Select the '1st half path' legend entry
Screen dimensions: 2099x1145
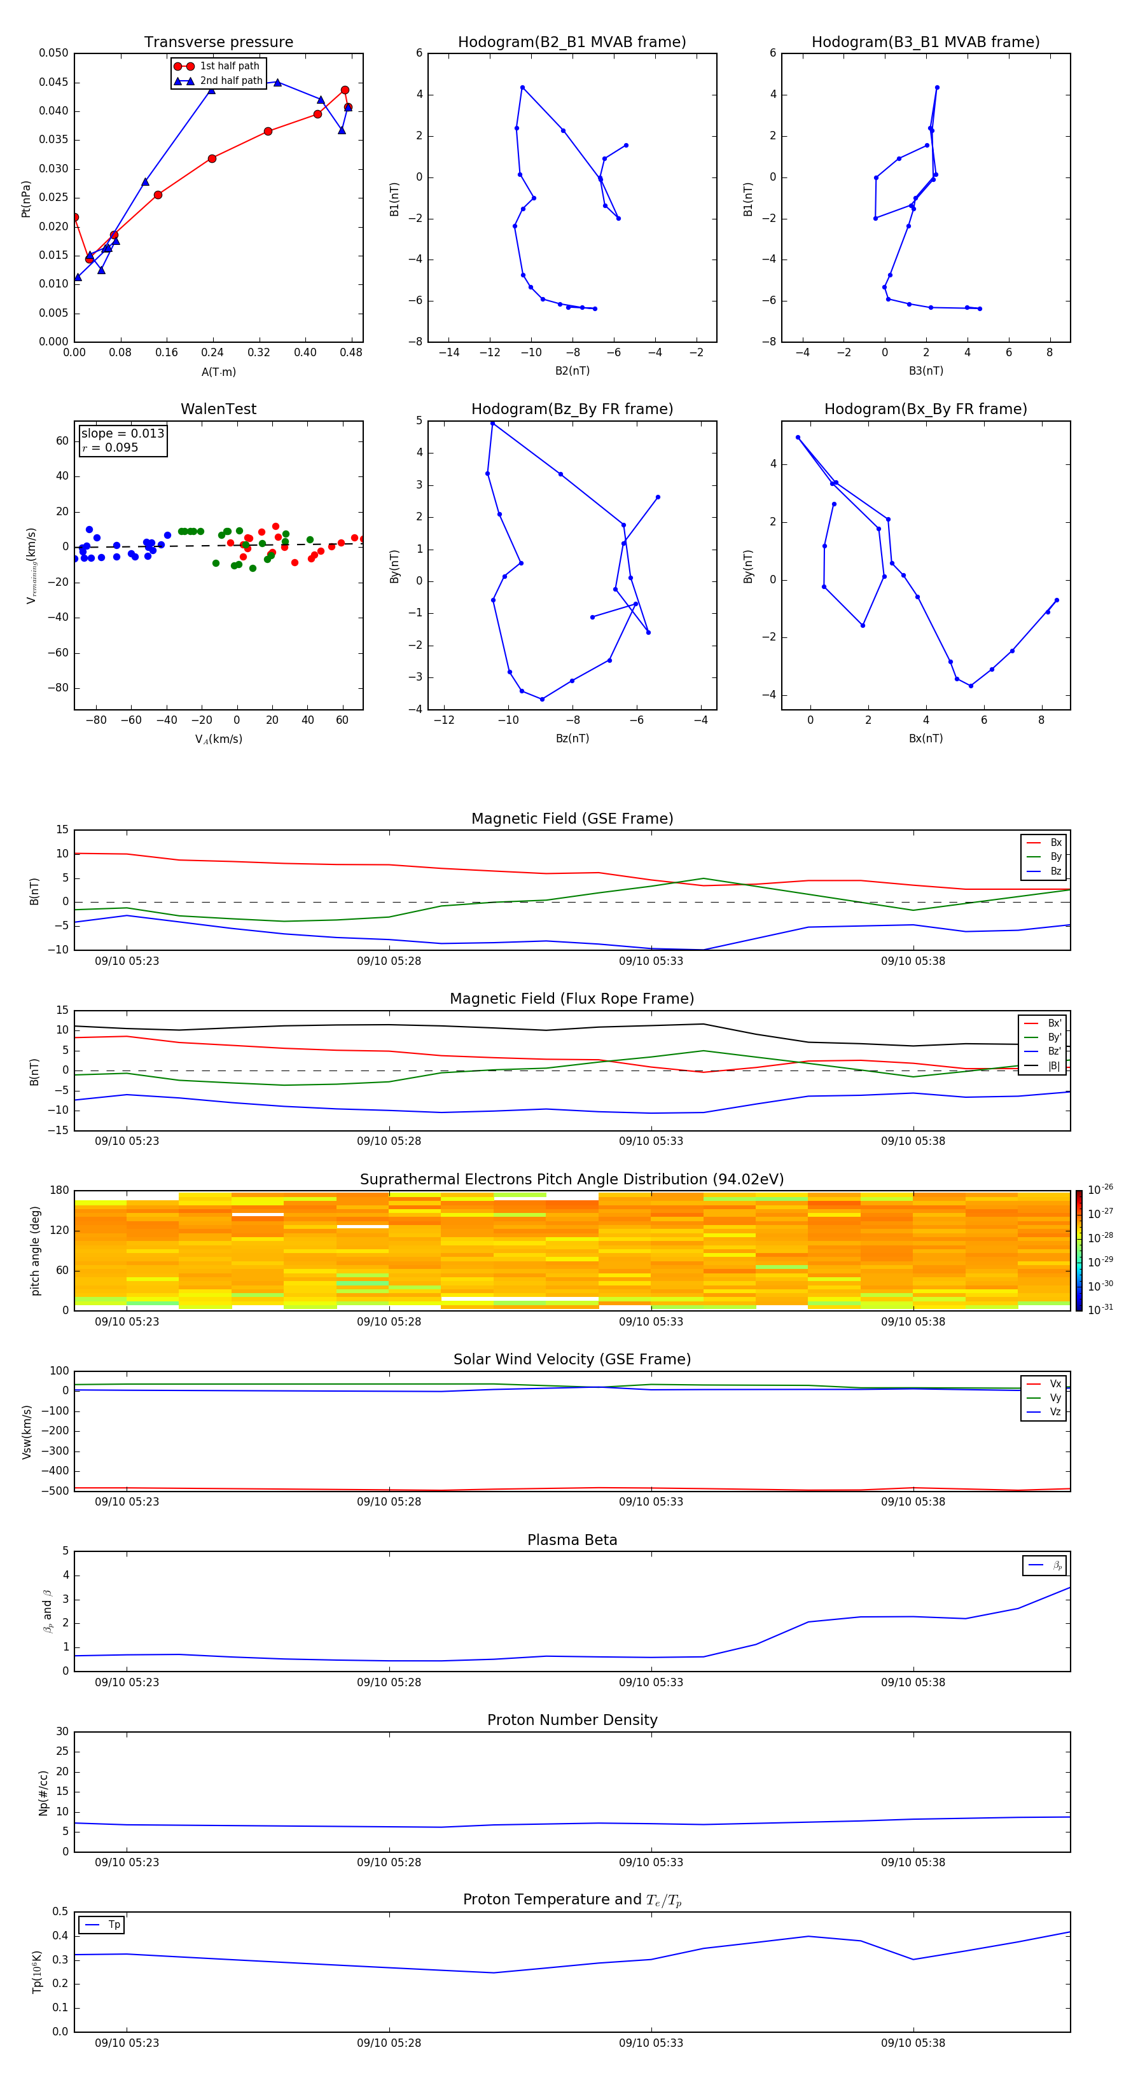click(x=229, y=66)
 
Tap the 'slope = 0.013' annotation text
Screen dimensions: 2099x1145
click(x=122, y=434)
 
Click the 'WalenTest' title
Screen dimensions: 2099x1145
click(x=218, y=409)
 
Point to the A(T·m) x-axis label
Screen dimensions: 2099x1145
click(x=218, y=372)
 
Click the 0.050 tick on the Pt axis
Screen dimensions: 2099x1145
click(x=54, y=53)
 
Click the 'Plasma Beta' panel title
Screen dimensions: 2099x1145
click(x=572, y=1540)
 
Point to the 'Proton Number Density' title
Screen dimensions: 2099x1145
click(x=572, y=1720)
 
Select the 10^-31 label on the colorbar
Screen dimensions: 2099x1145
click(x=1100, y=1310)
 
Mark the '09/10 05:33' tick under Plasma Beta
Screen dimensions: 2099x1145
click(x=651, y=1682)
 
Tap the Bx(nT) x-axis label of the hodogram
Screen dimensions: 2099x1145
click(x=926, y=738)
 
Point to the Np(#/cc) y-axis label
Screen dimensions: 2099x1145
click(x=44, y=1792)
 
